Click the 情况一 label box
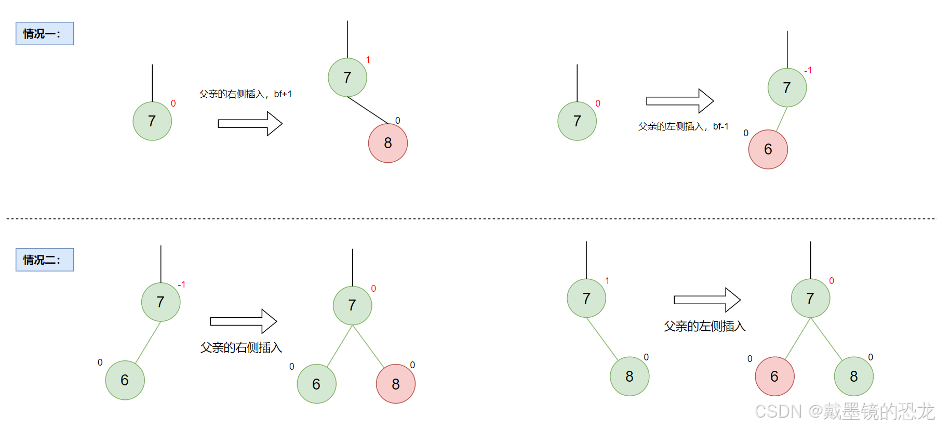pyautogui.click(x=45, y=34)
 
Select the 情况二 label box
pyautogui.click(x=45, y=260)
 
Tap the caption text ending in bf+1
pyautogui.click(x=245, y=94)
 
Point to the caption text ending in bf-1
pyautogui.click(x=683, y=126)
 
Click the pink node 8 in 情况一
pyautogui.click(x=388, y=143)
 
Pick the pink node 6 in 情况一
pyautogui.click(x=768, y=149)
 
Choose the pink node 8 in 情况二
pyautogui.click(x=396, y=384)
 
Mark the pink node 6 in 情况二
pyautogui.click(x=774, y=377)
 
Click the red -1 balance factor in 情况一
pyautogui.click(x=808, y=70)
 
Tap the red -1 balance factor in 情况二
pyautogui.click(x=181, y=284)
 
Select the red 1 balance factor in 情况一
pyautogui.click(x=368, y=60)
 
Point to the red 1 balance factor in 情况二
pyautogui.click(x=607, y=281)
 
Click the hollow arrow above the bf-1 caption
pyautogui.click(x=680, y=101)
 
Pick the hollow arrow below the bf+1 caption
pyautogui.click(x=250, y=123)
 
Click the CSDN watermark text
pyautogui.click(x=844, y=411)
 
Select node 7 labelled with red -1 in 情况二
pyautogui.click(x=161, y=302)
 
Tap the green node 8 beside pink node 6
pyautogui.click(x=853, y=377)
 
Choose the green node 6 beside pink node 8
pyautogui.click(x=316, y=384)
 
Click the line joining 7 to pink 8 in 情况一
pyautogui.click(x=368, y=110)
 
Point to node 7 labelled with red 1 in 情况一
pyautogui.click(x=347, y=77)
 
